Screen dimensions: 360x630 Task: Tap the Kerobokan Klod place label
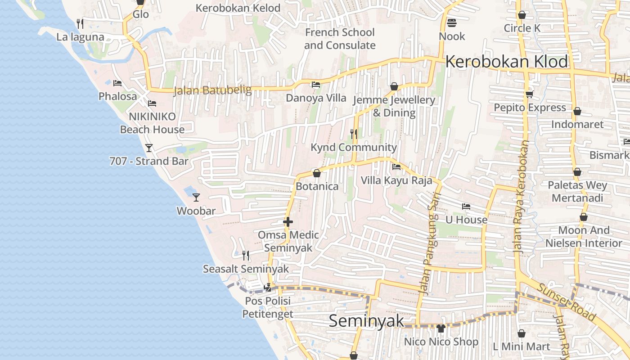[x=507, y=62]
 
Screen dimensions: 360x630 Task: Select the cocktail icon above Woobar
[x=196, y=197]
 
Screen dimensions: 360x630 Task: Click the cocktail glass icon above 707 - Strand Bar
[x=149, y=148]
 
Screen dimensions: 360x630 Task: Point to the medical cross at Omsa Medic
[x=288, y=222]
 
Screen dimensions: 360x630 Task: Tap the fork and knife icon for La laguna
[x=80, y=23]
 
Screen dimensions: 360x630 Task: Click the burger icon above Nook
[x=452, y=22]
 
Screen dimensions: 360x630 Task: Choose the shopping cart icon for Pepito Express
[x=529, y=94]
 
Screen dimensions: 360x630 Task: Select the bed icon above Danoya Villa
[x=316, y=84]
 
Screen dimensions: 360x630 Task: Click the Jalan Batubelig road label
[x=212, y=90]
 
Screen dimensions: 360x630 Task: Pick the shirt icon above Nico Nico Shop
[x=441, y=328]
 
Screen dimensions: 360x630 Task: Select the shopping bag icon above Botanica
[x=317, y=173]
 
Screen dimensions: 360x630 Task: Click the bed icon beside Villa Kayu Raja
[x=396, y=167]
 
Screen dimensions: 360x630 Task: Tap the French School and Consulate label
[x=340, y=39]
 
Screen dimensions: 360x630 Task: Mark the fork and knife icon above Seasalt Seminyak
[x=246, y=256]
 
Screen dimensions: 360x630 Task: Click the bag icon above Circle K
[x=522, y=15]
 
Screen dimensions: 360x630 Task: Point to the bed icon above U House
[x=466, y=207]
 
